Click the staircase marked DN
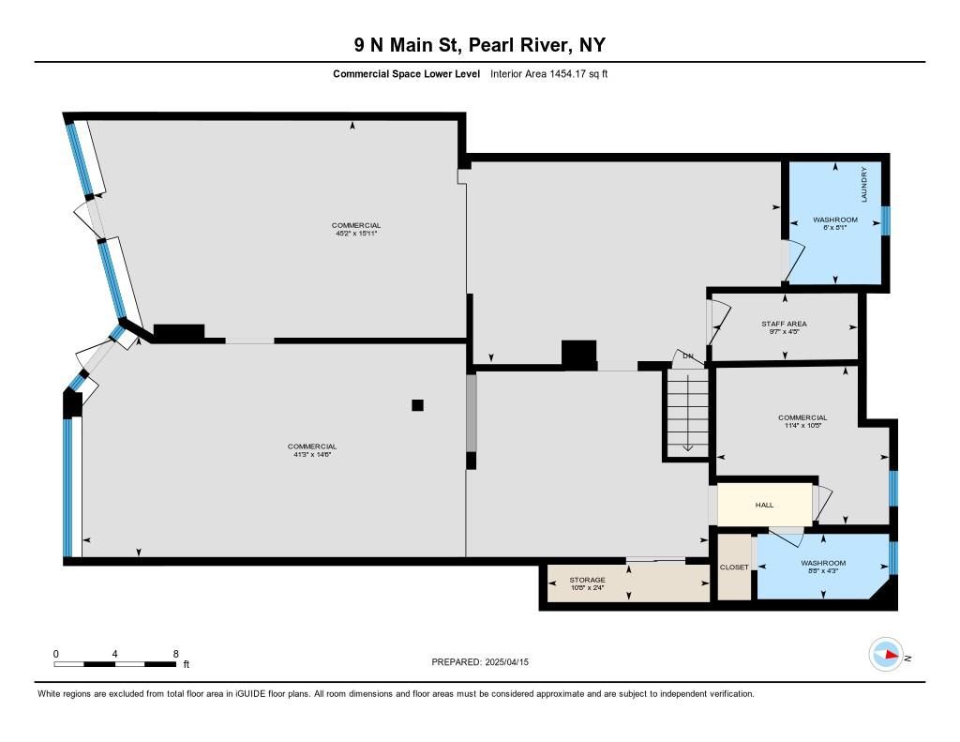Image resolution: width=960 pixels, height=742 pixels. tap(687, 411)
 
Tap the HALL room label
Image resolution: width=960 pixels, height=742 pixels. tap(764, 505)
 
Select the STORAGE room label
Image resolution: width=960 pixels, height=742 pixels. tap(587, 580)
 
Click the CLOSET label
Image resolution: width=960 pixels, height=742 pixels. tap(734, 568)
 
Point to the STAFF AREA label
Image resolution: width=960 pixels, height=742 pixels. tap(783, 324)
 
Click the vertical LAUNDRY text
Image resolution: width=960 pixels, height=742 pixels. tap(864, 184)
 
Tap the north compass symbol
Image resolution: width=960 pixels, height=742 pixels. tap(886, 655)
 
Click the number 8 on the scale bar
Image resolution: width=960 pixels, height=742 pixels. tap(175, 653)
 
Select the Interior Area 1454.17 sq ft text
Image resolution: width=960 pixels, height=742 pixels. tap(548, 74)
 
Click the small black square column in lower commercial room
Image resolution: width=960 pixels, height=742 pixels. tap(417, 405)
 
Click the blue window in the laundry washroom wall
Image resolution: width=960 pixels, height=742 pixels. tap(885, 220)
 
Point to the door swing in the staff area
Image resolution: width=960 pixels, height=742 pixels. tap(719, 321)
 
